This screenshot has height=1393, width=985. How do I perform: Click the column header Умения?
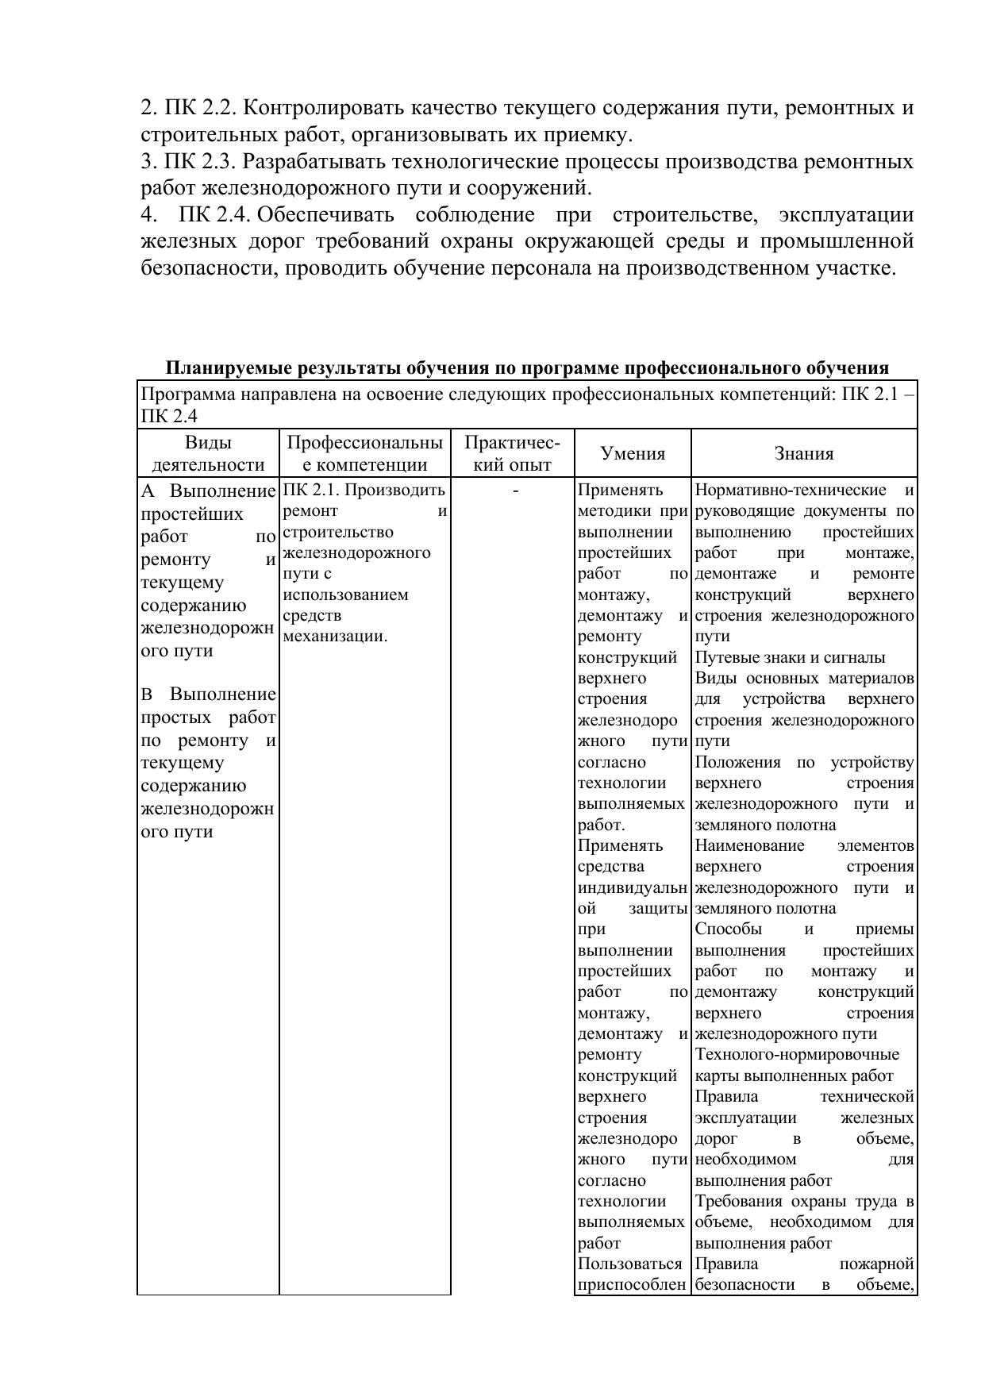coord(633,454)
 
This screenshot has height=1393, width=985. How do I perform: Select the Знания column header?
coord(804,454)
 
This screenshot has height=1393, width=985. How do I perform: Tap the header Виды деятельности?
coord(208,454)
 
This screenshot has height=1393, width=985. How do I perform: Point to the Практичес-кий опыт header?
coord(512,454)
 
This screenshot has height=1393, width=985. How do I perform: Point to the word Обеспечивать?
coord(325,215)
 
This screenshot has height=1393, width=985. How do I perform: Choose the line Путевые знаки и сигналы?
coord(790,658)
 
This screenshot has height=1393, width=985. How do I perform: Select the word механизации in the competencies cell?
coord(333,637)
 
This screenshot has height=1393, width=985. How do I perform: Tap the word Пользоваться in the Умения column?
coord(630,1264)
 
